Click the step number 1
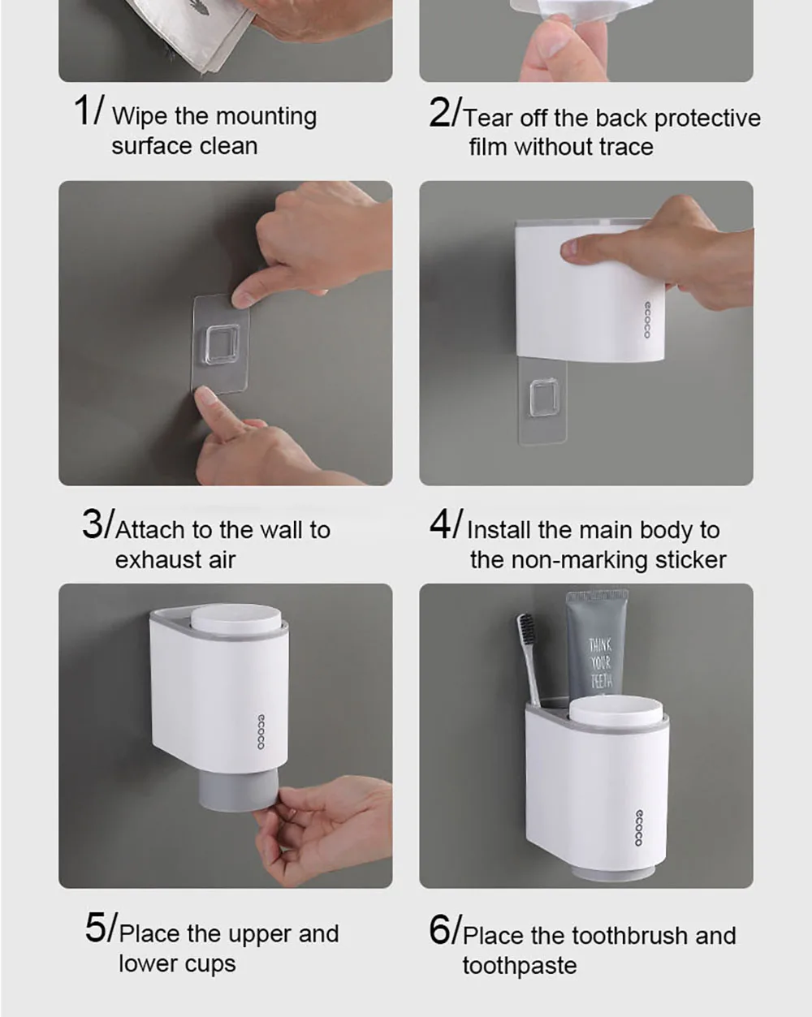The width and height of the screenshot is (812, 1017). [x=82, y=110]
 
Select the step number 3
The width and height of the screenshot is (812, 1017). [x=92, y=524]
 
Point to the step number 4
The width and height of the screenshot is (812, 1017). [x=440, y=524]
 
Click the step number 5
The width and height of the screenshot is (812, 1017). [x=96, y=928]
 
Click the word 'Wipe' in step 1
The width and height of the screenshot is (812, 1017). [x=140, y=116]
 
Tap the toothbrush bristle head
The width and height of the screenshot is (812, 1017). [x=527, y=634]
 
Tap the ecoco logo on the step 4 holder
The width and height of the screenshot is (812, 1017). [x=646, y=320]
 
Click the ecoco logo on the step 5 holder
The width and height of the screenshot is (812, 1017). [x=261, y=731]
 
